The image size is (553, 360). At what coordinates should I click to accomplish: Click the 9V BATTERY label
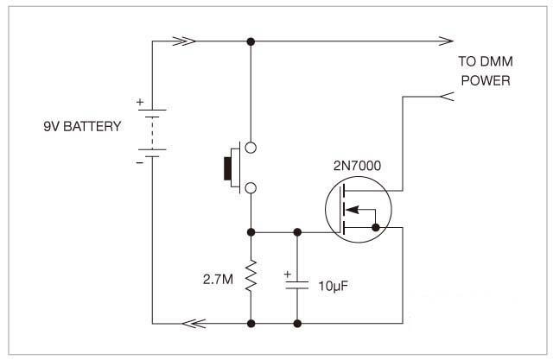tap(82, 127)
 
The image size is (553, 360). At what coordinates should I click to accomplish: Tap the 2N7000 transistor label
tap(357, 164)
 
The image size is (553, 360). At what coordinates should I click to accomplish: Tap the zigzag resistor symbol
tap(251, 277)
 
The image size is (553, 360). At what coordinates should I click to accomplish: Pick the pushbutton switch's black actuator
tap(231, 167)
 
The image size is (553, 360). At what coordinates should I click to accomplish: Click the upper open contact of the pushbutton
tap(251, 148)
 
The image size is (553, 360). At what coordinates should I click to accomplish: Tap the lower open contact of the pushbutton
tap(251, 187)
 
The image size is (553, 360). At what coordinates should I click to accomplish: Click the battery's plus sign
tap(140, 101)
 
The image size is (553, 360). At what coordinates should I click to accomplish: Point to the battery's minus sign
tap(140, 161)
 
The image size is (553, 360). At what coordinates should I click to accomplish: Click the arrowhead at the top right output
tap(446, 41)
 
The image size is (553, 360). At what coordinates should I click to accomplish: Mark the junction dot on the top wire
tap(251, 41)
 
